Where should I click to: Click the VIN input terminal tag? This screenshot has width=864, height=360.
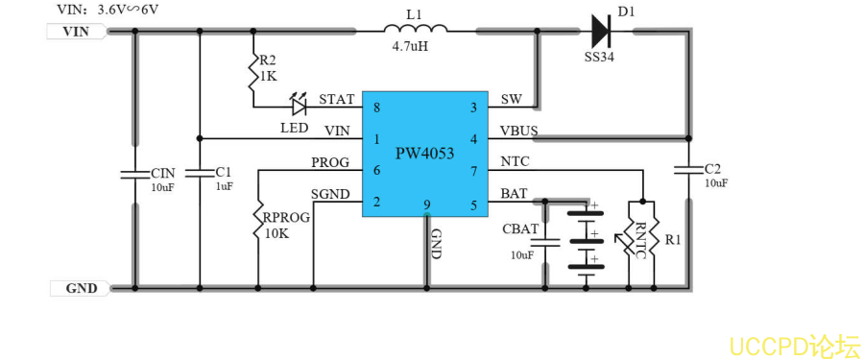point(75,31)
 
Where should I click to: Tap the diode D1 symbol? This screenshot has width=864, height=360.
point(602,31)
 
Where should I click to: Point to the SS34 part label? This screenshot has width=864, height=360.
point(602,58)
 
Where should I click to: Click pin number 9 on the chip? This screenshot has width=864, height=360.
point(426,204)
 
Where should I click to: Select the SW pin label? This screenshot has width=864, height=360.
point(511,100)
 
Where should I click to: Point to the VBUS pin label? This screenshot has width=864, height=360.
point(518,131)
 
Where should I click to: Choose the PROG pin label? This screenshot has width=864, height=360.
point(330,162)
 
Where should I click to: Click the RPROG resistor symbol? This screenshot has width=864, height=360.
point(257,220)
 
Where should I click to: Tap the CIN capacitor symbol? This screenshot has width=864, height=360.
point(134,174)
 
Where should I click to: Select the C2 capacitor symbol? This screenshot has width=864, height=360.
point(687,169)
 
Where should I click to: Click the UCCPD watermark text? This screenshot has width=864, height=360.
point(793,345)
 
